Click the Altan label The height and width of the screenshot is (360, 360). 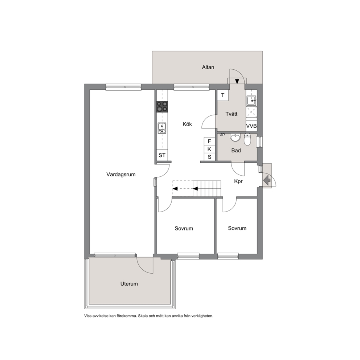point(208,67)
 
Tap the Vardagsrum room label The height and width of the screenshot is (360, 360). point(121,175)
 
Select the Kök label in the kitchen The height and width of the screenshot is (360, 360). point(187,124)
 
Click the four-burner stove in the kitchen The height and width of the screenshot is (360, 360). point(162,107)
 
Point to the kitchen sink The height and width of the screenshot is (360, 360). point(162,128)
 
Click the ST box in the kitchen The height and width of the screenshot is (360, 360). point(162,155)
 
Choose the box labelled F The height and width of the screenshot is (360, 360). point(209,141)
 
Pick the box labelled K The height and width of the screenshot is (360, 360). point(209,149)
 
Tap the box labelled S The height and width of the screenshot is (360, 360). point(209,157)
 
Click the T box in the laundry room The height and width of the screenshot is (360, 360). point(223,95)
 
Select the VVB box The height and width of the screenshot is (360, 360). point(251,126)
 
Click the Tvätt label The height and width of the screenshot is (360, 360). point(231,114)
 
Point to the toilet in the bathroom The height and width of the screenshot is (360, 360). point(247,139)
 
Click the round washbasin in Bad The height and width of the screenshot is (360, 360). point(235,138)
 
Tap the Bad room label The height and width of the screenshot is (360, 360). point(236,151)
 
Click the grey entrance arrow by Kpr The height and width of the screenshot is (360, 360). point(267,180)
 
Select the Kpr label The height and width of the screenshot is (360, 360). point(238,181)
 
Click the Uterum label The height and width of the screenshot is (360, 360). point(129,284)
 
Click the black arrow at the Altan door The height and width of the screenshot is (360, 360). point(237,81)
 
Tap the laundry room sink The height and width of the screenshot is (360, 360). point(251,101)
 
